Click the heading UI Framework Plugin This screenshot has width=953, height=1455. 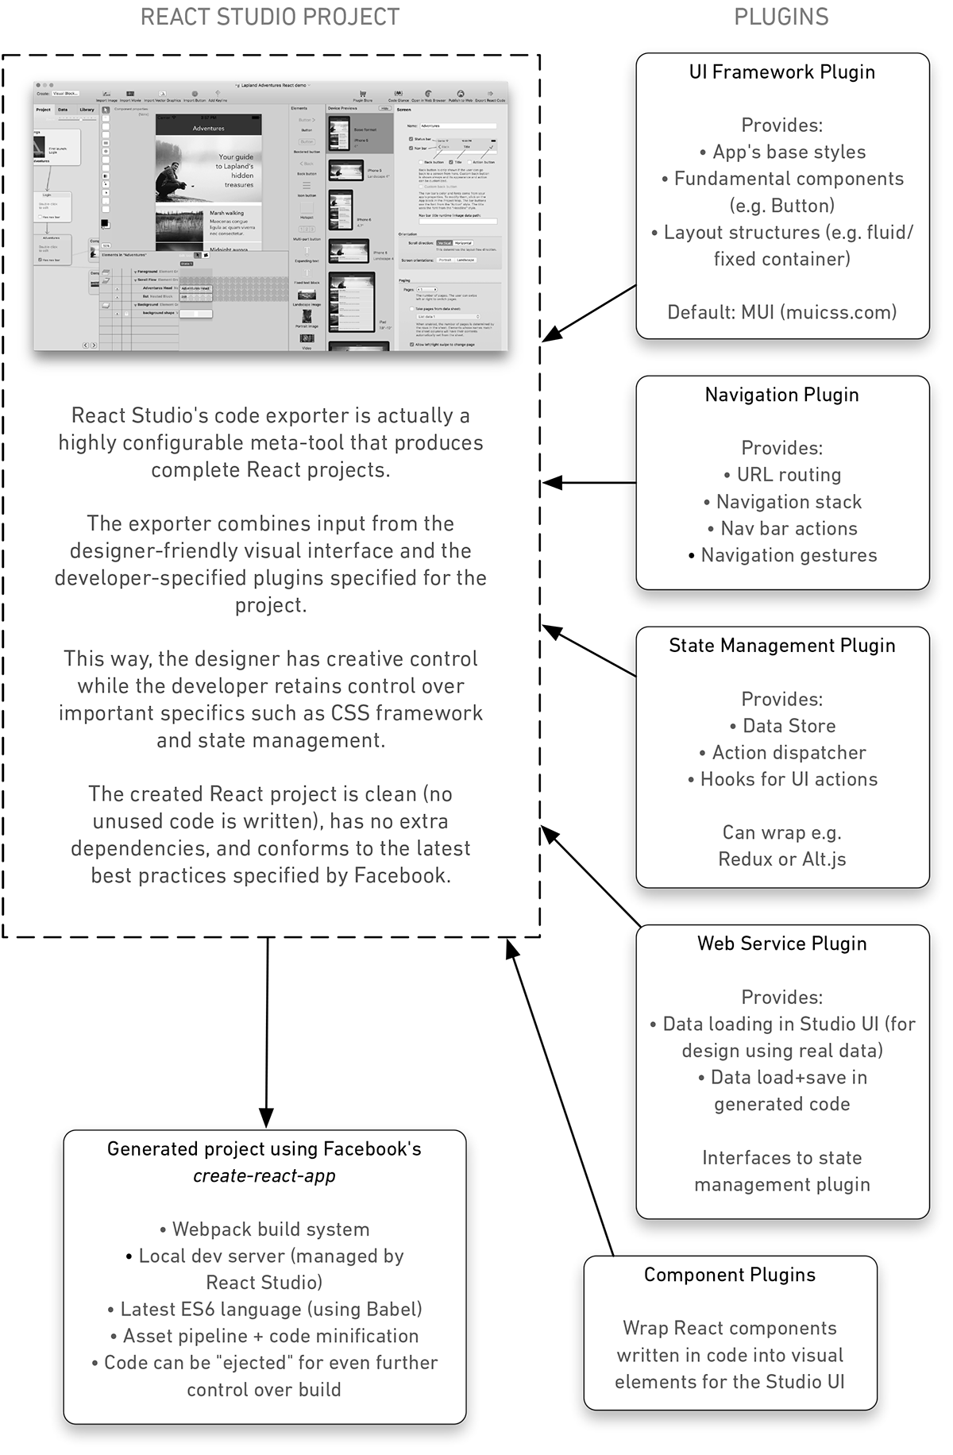[x=781, y=72]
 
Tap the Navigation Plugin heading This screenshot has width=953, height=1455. [x=781, y=395]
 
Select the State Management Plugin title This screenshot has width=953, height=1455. [x=781, y=646]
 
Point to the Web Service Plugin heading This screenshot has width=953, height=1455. [x=781, y=944]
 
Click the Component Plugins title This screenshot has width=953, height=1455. [x=729, y=1275]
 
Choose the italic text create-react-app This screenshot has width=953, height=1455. [x=264, y=1176]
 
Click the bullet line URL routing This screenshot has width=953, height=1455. [x=782, y=475]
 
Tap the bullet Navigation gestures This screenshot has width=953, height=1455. [x=782, y=555]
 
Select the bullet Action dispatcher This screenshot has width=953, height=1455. [x=782, y=753]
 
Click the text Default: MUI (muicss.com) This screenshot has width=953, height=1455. [x=781, y=312]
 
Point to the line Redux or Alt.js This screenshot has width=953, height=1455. [x=781, y=859]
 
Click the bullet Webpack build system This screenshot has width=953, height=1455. [x=264, y=1229]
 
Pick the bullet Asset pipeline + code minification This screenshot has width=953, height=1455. [x=264, y=1336]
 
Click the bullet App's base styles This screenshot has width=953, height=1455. [x=782, y=152]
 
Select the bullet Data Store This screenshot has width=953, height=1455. [x=782, y=726]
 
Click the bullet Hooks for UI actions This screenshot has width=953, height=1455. [x=782, y=779]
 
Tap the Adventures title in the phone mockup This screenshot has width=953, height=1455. [x=209, y=128]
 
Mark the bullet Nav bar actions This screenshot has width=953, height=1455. [x=782, y=528]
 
